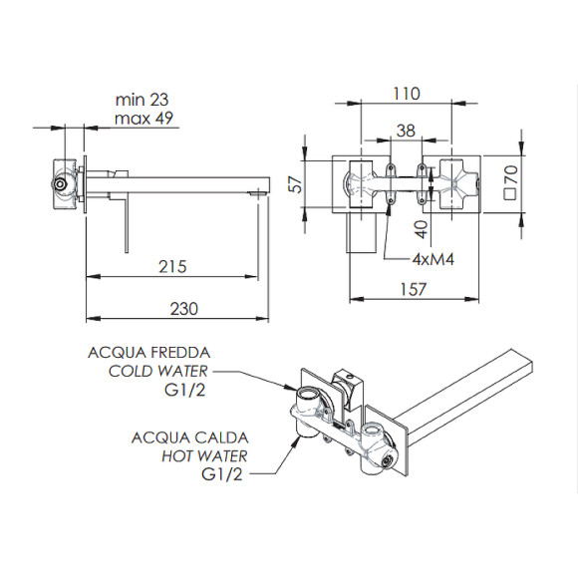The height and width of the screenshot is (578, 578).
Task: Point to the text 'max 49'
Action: (144, 119)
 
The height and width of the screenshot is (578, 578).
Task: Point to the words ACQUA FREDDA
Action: (148, 352)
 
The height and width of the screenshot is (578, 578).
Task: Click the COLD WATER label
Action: (158, 371)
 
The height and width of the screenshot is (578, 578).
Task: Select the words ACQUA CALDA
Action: (188, 436)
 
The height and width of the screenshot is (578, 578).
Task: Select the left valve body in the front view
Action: (360, 184)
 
